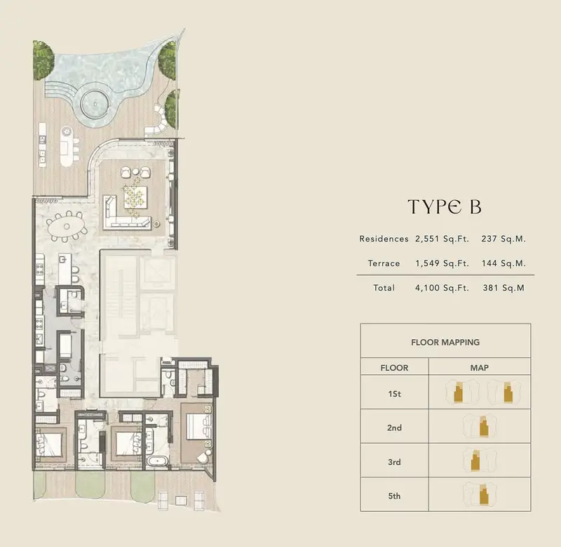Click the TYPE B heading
pos(445,206)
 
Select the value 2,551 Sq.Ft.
pos(442,239)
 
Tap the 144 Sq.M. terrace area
pos(503,263)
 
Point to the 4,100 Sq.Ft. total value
pos(442,288)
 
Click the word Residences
pos(384,239)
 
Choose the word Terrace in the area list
pos(384,263)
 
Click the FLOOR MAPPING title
pos(445,342)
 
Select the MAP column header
pos(480,368)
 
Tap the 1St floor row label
pos(394,394)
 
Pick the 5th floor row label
pos(394,496)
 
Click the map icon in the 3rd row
pos(480,460)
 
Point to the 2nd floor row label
pos(394,428)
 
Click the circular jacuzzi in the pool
pos(95,103)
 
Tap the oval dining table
pos(67,226)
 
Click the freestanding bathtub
pos(157,461)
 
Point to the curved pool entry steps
pos(59,90)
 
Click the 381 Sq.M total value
pos(503,288)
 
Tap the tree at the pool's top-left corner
pos(43,60)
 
